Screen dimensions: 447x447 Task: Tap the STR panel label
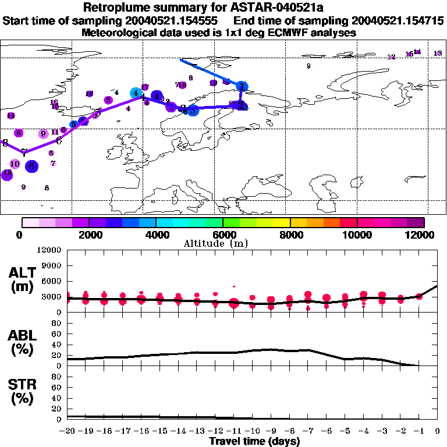(22, 392)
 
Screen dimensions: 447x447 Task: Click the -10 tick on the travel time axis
(252, 431)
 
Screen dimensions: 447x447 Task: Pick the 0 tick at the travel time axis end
(438, 431)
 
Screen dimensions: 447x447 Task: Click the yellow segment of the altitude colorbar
(282, 222)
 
